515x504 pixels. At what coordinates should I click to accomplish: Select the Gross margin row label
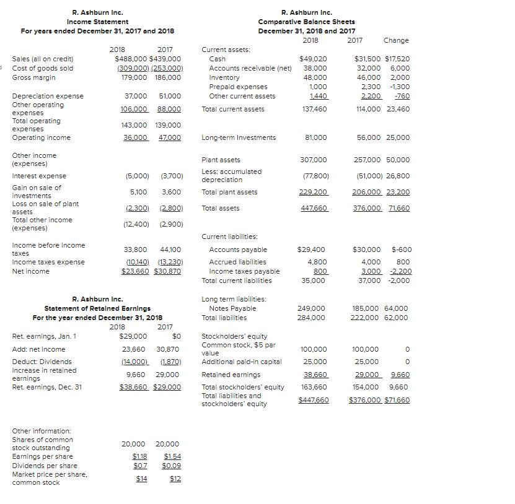[x=33, y=77]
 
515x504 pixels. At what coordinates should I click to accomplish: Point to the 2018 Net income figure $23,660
[x=133, y=271]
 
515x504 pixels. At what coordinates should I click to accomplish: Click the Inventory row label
[x=224, y=77]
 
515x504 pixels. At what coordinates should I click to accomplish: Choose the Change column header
[x=396, y=40]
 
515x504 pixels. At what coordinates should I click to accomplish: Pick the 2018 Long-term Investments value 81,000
[x=316, y=137]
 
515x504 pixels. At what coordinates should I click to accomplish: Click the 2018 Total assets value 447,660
[x=314, y=209]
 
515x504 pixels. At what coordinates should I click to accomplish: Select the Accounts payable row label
[x=238, y=250]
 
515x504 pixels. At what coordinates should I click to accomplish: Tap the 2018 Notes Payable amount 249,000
[x=311, y=308]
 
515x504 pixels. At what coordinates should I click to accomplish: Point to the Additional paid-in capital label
[x=242, y=362]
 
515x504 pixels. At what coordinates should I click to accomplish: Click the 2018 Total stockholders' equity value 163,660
[x=312, y=387]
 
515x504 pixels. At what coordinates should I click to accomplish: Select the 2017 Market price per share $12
[x=175, y=479]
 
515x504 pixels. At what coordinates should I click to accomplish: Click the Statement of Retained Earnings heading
[x=97, y=308]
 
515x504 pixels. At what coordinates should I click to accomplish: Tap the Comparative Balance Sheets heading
[x=306, y=22]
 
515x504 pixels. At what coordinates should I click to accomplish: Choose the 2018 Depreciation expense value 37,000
[x=136, y=96]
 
